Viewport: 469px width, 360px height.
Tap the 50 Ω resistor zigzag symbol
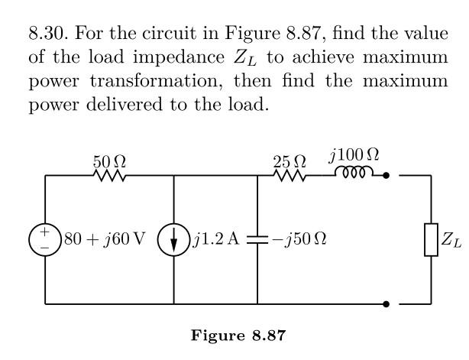110,176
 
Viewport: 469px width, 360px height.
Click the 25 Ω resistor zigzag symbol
289,176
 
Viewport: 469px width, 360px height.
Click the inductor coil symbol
354,174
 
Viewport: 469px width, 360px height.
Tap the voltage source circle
45,239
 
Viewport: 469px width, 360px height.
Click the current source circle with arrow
174,239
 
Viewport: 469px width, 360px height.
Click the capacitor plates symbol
257,239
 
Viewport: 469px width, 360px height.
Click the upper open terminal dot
387,176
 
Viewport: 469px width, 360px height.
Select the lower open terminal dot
387,303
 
